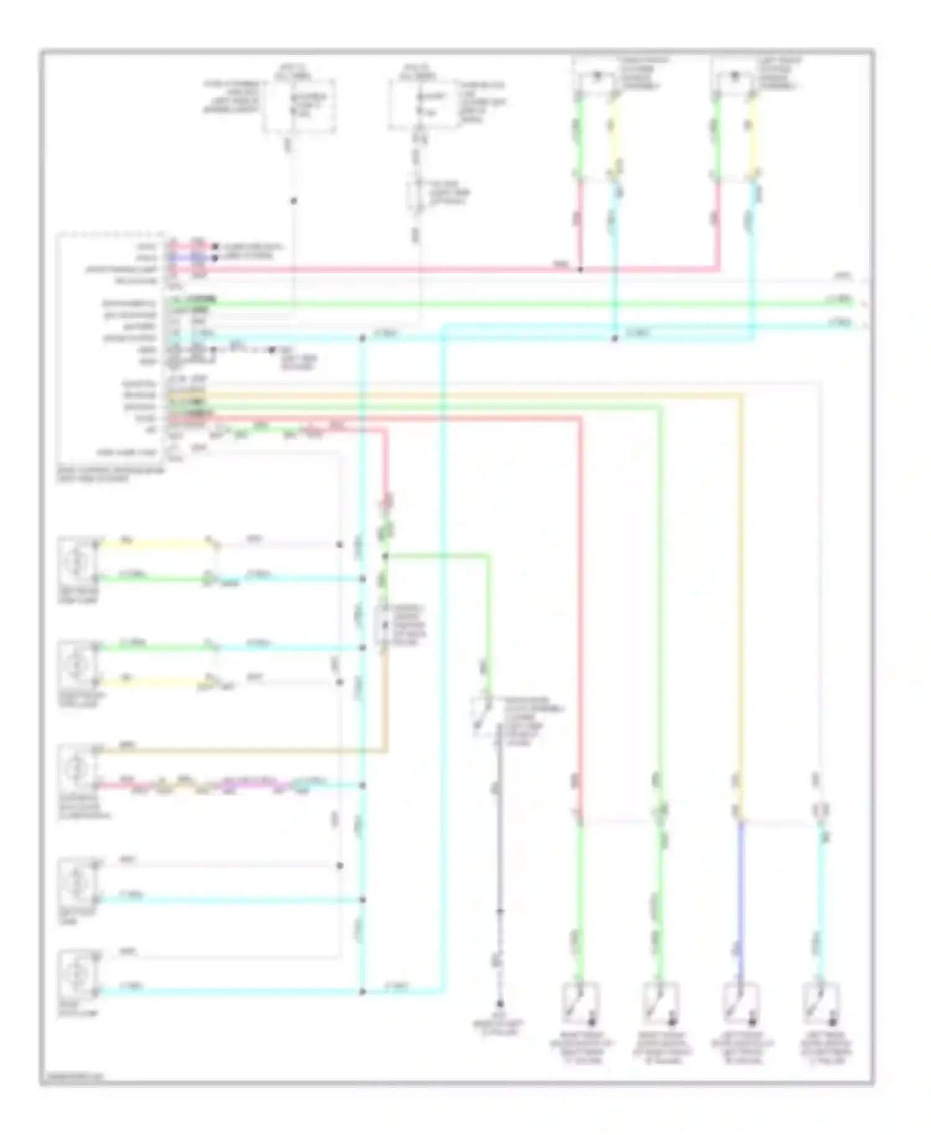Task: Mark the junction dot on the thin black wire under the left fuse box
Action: [294, 201]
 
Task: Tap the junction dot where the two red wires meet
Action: [581, 270]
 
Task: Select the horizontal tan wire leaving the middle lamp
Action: [242, 751]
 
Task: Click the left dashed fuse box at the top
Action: [298, 106]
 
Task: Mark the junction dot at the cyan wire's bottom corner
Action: [362, 992]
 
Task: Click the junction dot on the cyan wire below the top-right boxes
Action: [614, 339]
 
